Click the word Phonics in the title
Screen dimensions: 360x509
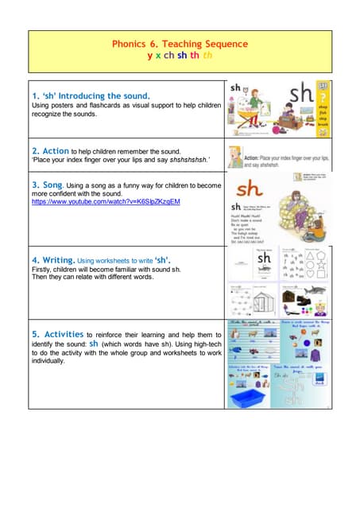(x=128, y=45)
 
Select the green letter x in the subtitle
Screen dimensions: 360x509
(x=158, y=56)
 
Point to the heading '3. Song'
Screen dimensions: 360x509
(x=52, y=184)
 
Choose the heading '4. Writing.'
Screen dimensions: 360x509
(x=53, y=260)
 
